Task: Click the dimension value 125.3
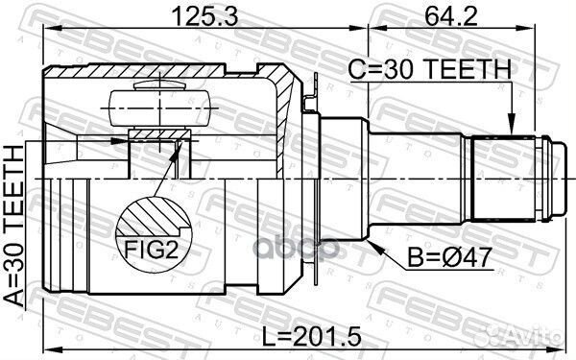coord(205,16)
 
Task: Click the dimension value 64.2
coord(451,16)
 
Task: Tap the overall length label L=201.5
coord(311,337)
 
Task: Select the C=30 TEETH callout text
coord(429,69)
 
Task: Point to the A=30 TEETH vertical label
coord(13,226)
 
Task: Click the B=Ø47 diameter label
coord(449,257)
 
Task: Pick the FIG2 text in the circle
coord(151,250)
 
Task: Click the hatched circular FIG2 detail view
coord(154,234)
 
